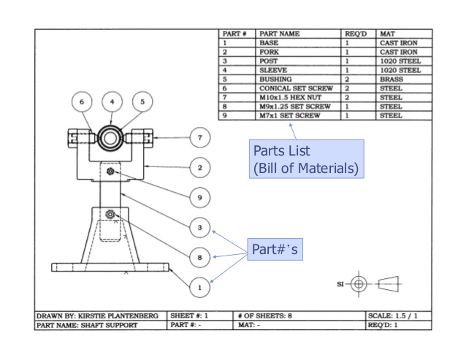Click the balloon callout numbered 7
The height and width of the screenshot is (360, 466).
point(199,137)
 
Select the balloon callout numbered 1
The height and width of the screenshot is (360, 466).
point(199,288)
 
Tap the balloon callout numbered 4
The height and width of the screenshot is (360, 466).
point(112,102)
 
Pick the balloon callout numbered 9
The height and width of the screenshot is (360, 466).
point(199,197)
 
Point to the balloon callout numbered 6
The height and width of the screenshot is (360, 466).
point(82,102)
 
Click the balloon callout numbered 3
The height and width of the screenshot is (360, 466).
point(199,228)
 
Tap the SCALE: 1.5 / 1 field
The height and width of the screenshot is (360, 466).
point(397,315)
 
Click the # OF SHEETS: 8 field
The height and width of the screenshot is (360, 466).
point(267,315)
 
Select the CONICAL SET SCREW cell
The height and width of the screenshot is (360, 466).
point(296,88)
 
